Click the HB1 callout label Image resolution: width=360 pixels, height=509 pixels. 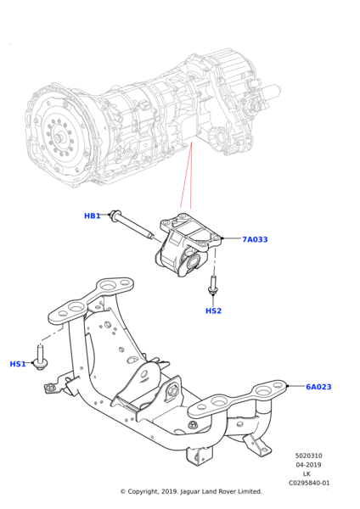(x=92, y=215)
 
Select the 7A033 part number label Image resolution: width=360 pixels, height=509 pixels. (x=255, y=239)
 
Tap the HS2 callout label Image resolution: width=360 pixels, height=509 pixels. (x=213, y=311)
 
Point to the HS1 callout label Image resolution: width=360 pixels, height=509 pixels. (x=18, y=364)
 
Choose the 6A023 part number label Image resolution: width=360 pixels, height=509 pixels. (x=318, y=387)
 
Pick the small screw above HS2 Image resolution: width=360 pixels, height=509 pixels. (x=213, y=286)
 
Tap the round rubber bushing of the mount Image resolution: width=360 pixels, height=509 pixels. (x=194, y=260)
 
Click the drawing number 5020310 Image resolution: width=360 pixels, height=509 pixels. (x=309, y=456)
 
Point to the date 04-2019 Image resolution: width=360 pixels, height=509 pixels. (x=309, y=465)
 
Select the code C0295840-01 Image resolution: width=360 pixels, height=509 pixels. (x=309, y=483)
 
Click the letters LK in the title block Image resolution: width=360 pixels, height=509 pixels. (x=307, y=474)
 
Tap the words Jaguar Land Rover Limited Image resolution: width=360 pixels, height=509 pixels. (x=222, y=491)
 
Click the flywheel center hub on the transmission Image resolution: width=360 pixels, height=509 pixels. (x=58, y=138)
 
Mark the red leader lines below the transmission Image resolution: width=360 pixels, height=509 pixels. (x=187, y=176)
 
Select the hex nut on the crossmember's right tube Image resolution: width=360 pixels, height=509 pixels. (x=193, y=424)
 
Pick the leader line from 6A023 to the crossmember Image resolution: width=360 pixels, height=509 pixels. (x=296, y=386)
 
